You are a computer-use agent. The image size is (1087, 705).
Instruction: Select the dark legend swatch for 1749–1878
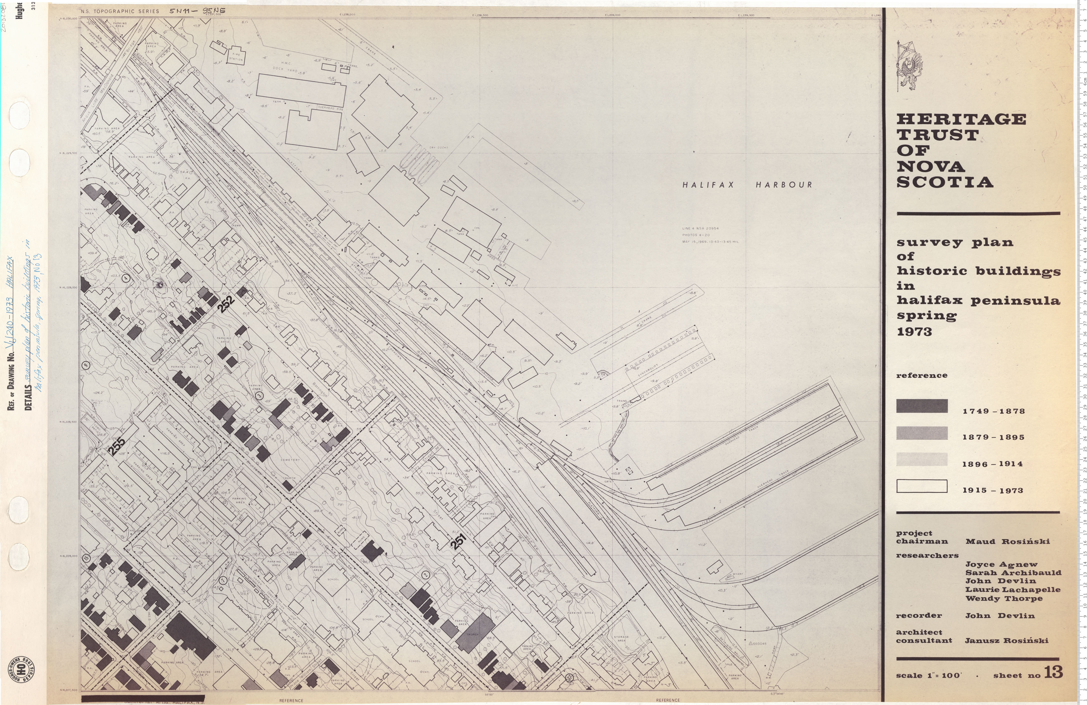922,406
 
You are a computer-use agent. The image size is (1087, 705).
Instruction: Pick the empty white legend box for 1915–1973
922,486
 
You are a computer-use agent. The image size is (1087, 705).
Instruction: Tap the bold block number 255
118,446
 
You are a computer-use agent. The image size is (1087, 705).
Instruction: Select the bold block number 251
458,541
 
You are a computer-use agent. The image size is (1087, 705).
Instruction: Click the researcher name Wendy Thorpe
1003,598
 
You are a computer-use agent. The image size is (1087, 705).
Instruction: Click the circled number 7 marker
223,580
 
